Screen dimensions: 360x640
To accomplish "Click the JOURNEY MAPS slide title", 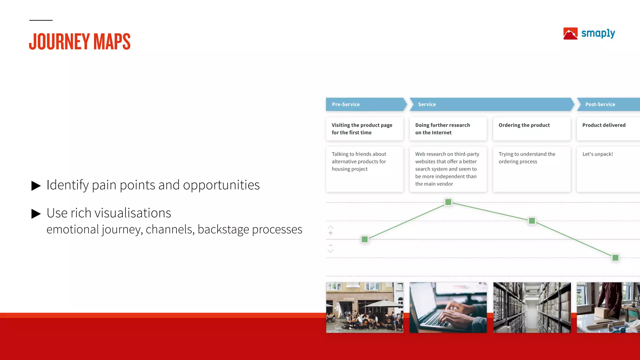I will [80, 42].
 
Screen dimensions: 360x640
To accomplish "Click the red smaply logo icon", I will [570, 34].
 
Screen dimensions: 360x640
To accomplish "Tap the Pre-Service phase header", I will [346, 104].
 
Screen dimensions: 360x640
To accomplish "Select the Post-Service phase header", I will [600, 104].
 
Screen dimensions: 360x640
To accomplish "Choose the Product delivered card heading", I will [604, 125].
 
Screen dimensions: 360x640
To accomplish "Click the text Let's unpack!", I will [597, 154].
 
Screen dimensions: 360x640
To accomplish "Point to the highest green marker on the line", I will [448, 202].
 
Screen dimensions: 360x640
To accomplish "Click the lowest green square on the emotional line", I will [615, 258].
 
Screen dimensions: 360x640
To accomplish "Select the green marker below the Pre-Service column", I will [365, 239].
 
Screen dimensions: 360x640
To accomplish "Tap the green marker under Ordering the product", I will [532, 221].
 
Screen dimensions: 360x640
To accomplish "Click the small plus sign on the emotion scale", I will [330, 233].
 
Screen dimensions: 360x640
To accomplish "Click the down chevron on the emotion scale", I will [330, 251].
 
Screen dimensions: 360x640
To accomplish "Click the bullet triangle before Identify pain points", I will [36, 186].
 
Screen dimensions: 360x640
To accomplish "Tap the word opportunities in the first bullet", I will [221, 185].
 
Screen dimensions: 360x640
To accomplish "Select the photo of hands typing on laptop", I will [448, 307].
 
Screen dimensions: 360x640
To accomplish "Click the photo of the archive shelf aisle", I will [532, 307].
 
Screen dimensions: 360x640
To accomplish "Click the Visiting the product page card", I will [364, 129].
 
